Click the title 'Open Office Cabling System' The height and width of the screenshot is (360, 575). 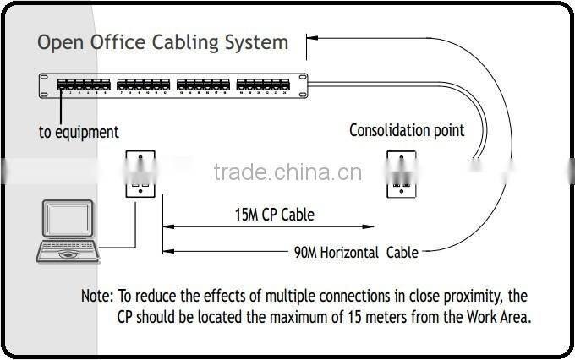pos(162,42)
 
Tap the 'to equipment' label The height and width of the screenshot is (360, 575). pos(79,132)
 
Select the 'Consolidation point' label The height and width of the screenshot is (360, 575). pos(407,130)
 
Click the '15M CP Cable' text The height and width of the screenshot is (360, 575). pos(274,215)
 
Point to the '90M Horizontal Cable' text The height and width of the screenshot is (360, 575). pos(356,252)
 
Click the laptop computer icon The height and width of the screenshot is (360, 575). pos(68,232)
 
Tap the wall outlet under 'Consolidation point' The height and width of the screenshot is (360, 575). pos(401,174)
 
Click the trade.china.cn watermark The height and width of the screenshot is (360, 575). pos(287,173)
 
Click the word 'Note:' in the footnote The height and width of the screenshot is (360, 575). pos(96,297)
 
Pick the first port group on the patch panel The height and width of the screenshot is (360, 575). pos(82,85)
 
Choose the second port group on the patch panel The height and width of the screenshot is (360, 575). pos(142,85)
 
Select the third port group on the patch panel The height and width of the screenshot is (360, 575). pos(202,85)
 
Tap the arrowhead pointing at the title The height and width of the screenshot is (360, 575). pos(312,37)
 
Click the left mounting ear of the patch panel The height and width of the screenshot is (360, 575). pos(45,85)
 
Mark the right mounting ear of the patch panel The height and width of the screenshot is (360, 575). pos(302,85)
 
